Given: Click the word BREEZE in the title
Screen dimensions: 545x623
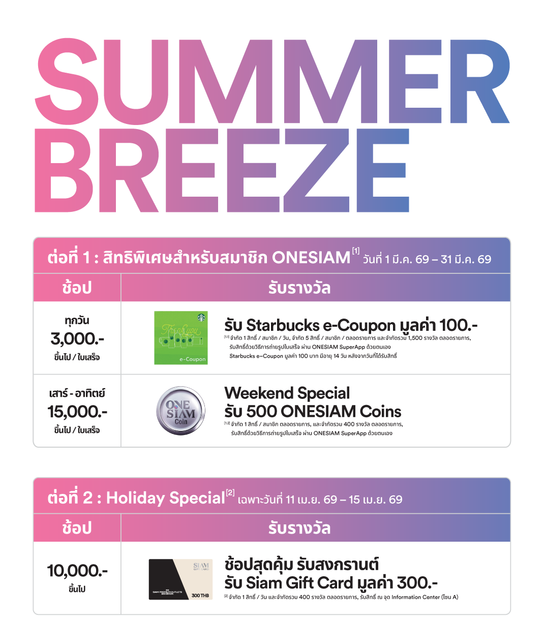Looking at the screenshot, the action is pyautogui.click(x=222, y=170).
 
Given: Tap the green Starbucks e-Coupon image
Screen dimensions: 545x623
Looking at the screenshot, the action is pyautogui.click(x=180, y=338).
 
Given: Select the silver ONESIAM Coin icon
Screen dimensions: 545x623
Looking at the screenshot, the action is pyautogui.click(x=180, y=411).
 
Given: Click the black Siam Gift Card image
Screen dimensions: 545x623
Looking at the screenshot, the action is pyautogui.click(x=180, y=579).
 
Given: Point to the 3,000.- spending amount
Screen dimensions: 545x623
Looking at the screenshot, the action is pyautogui.click(x=77, y=338).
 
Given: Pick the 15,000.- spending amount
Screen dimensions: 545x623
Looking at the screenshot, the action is pyautogui.click(x=77, y=412).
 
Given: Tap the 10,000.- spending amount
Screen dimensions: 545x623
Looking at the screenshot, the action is pyautogui.click(x=77, y=571).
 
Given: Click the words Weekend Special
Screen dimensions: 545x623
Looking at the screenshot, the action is pyautogui.click(x=287, y=393).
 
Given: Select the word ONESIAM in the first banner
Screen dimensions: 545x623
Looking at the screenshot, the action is pyautogui.click(x=311, y=258).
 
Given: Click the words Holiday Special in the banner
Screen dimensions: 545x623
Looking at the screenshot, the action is pyautogui.click(x=165, y=499).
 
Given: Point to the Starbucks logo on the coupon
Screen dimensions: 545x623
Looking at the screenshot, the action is pyautogui.click(x=201, y=317).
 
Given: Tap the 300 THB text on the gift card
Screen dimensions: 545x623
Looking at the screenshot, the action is pyautogui.click(x=200, y=595).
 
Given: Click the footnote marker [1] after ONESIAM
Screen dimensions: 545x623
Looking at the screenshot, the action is pyautogui.click(x=355, y=251).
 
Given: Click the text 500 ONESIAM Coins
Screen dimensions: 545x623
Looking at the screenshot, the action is pyautogui.click(x=324, y=412).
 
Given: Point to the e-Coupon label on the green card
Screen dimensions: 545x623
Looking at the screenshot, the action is pyautogui.click(x=193, y=359).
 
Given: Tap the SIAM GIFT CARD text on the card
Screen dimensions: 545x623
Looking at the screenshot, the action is pyautogui.click(x=201, y=567).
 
